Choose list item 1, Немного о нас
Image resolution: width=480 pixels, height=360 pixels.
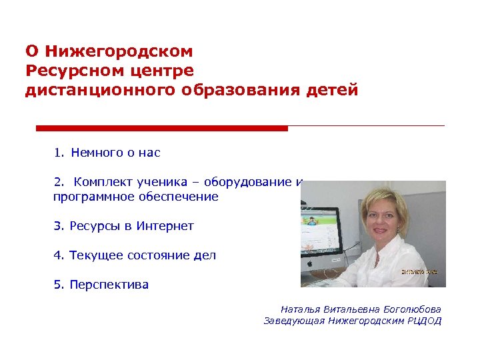click(x=107, y=153)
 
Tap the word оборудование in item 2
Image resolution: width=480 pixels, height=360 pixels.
click(x=250, y=182)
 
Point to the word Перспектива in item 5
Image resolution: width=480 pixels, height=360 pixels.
click(x=109, y=285)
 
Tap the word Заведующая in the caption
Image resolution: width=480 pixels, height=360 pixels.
click(x=294, y=321)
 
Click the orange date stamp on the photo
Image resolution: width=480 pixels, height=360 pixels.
click(x=419, y=273)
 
